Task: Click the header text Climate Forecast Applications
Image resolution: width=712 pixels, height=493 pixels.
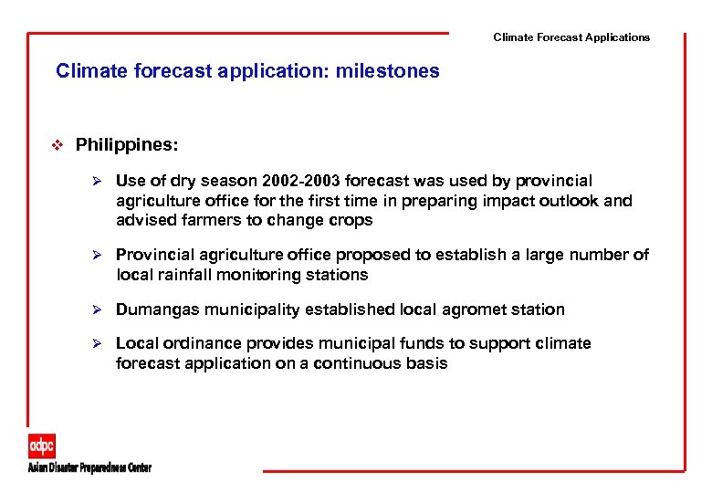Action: click(x=571, y=37)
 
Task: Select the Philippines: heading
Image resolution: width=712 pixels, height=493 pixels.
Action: click(x=127, y=145)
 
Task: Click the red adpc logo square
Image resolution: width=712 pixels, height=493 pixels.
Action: click(x=42, y=446)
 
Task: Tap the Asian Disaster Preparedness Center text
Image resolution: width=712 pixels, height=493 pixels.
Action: click(x=89, y=467)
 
